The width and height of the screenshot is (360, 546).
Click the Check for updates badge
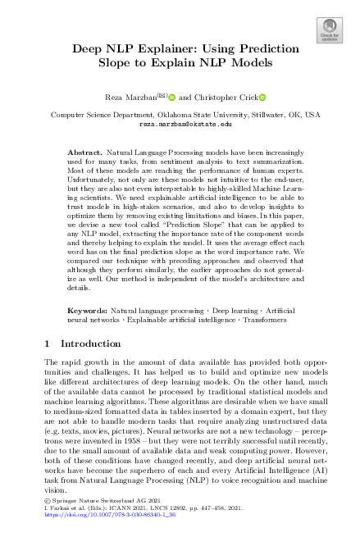(329, 31)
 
